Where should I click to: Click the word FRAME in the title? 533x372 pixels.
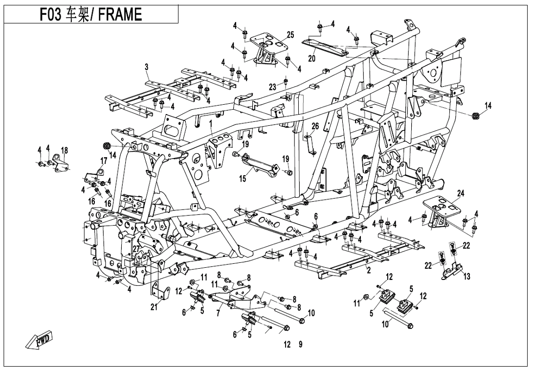120,15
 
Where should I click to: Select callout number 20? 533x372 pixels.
311,58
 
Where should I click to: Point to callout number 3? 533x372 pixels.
146,66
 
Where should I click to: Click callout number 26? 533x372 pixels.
315,126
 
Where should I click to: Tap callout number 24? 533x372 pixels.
460,192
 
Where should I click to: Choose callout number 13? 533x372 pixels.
467,277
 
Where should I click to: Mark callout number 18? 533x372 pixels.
64,150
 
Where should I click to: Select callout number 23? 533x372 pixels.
273,87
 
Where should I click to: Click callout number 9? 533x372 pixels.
300,344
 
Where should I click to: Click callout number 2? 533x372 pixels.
368,269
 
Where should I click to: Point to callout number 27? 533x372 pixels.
136,248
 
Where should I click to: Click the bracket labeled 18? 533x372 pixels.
61,163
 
